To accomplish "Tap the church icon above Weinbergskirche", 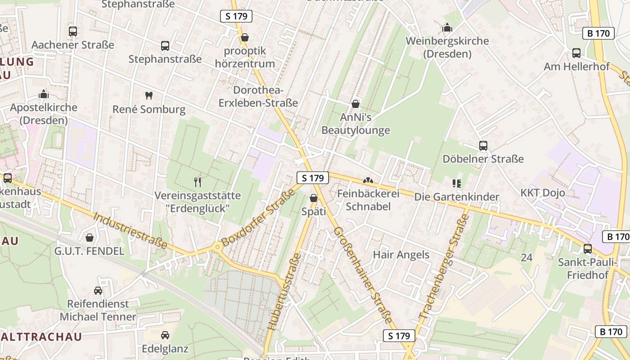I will (447, 28).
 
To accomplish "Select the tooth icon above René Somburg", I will (149, 95).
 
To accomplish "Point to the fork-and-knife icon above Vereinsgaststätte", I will (197, 182).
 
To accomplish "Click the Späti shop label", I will (314, 211).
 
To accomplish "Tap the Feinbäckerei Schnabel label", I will (369, 200).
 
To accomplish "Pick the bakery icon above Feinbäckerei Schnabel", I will (368, 181).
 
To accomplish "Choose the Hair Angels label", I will (401, 255).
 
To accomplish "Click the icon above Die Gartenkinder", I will (457, 183).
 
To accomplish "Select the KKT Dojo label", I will (543, 193).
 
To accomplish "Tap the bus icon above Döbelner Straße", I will (483, 146).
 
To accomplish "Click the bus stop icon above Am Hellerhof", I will (576, 53).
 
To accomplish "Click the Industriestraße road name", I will (130, 231).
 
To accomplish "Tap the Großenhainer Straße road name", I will (362, 275).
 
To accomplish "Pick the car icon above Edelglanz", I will (165, 335).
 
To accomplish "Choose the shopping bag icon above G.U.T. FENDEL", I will (90, 238).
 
